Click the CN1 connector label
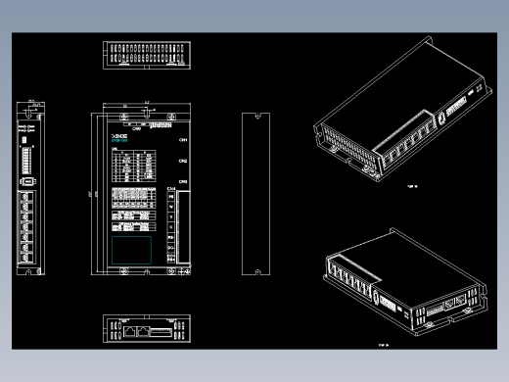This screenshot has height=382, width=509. [183, 139]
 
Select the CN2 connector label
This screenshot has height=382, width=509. [183, 162]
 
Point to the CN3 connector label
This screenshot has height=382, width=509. [183, 182]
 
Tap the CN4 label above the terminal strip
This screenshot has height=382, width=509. [171, 189]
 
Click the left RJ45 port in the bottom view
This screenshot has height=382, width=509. [130, 332]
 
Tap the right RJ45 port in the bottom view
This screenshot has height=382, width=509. [146, 332]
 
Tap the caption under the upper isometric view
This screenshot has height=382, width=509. [411, 184]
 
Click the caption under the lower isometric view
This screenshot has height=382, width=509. [384, 344]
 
